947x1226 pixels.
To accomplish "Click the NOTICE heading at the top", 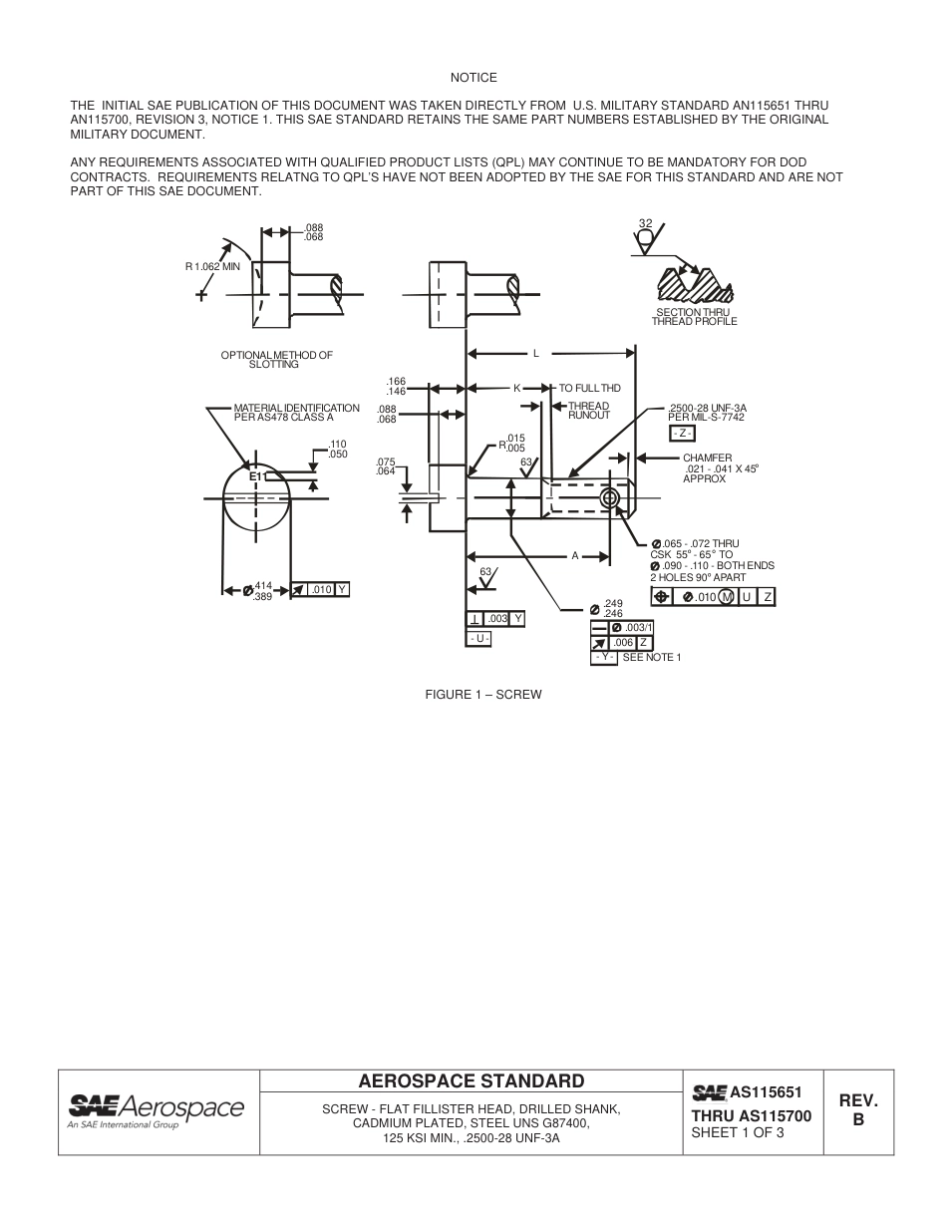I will [x=473, y=78].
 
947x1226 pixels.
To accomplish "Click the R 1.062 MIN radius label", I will [x=212, y=266].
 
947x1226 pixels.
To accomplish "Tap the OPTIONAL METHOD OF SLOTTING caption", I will [x=276, y=360].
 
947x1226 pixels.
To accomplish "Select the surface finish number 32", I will [x=645, y=223].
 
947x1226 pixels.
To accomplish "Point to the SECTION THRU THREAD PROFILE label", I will [x=694, y=317].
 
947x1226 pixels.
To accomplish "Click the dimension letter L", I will [x=536, y=353].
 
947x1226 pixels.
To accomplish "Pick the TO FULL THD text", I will [x=589, y=388].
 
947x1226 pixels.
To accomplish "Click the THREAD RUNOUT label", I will [x=588, y=411].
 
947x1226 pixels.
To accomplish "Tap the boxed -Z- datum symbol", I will [x=682, y=433].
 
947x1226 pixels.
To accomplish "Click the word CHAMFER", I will [x=707, y=459].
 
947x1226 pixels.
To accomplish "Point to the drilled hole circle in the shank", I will [x=610, y=497].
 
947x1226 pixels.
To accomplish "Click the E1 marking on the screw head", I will [x=256, y=476].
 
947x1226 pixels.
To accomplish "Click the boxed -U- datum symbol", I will [x=478, y=638].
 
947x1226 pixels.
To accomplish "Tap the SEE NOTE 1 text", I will [x=651, y=658].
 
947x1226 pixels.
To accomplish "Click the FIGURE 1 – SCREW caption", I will [x=483, y=695].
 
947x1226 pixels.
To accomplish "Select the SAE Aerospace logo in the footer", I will [x=156, y=1111].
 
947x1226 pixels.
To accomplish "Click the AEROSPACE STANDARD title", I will [x=472, y=1081].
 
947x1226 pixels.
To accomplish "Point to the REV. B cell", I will [x=857, y=1110].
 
